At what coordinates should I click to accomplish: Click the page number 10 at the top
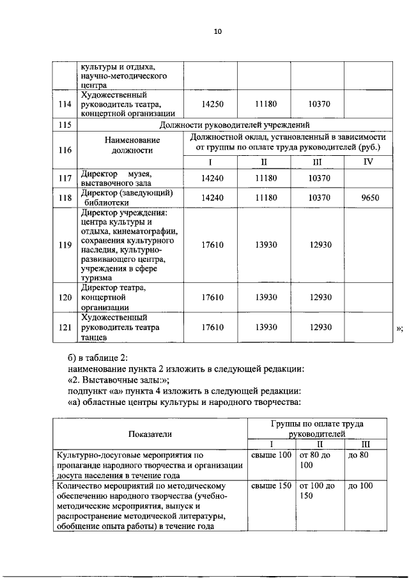217,31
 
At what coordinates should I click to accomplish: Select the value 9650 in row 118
367,198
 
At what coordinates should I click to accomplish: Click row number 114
63,104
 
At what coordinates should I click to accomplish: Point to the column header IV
367,162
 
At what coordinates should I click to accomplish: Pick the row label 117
63,179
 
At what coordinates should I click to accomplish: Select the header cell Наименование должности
130,144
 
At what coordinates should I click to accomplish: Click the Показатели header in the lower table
150,434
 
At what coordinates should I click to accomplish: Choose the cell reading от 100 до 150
318,491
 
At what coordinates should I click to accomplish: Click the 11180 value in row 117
264,179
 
